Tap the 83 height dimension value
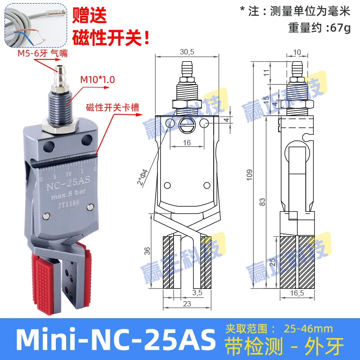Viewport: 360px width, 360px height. pos(263,202)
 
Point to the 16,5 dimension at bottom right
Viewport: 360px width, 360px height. pos(295,293)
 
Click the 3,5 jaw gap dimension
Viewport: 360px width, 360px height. pos(197,293)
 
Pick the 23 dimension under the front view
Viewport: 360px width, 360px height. pos(186,304)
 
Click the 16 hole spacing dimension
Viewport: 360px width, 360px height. pos(187,142)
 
